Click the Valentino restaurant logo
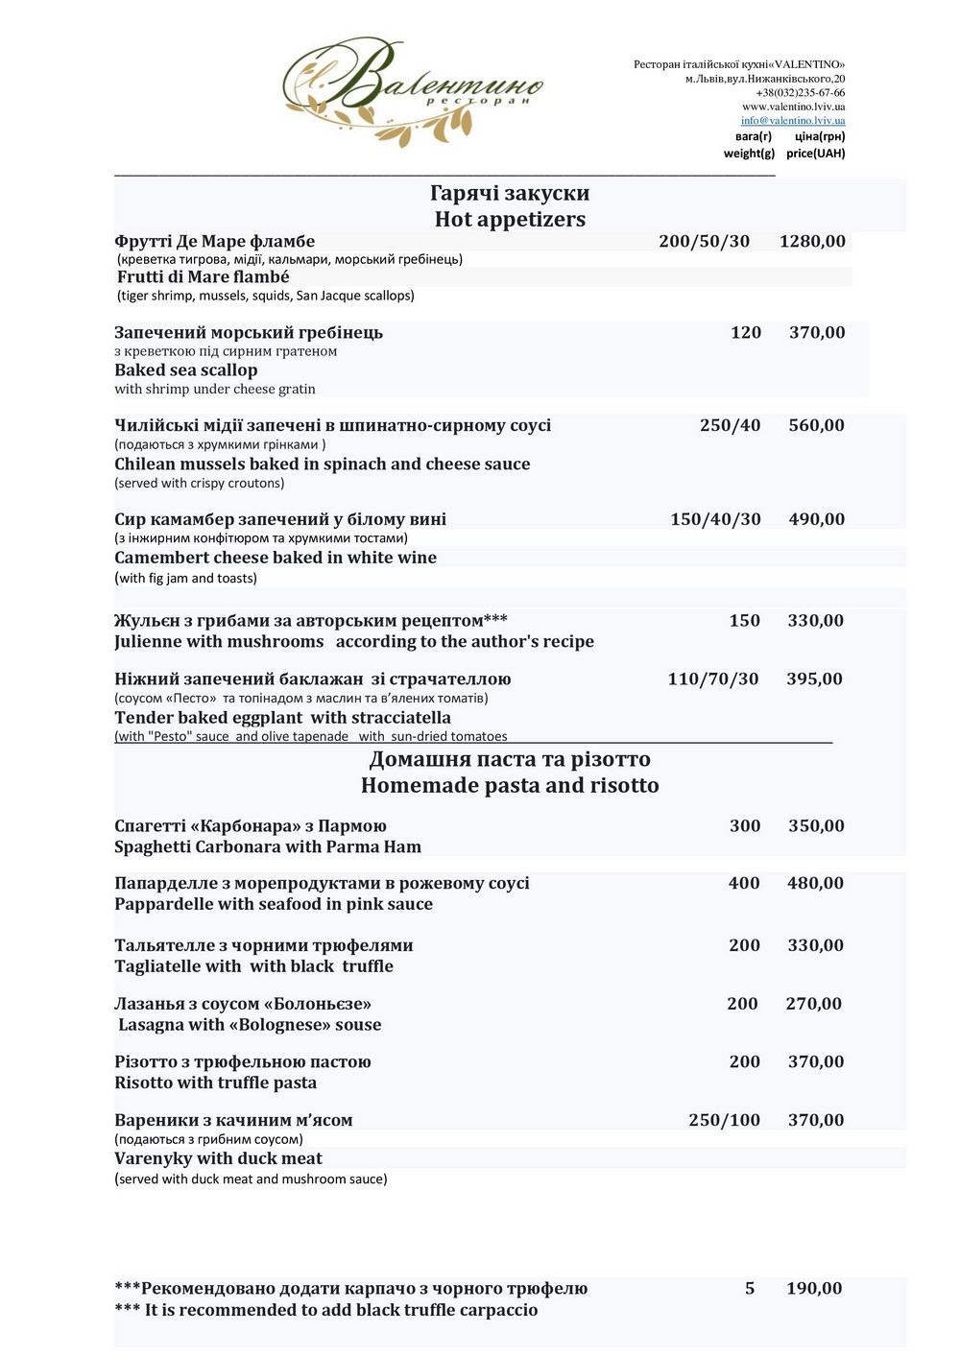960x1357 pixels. pos(413,91)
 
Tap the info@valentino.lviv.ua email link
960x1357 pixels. pos(792,121)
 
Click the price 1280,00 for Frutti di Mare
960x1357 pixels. pos(812,242)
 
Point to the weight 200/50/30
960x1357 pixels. pos(704,242)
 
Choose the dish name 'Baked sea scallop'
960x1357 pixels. pos(186,370)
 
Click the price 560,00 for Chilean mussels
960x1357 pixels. pos(816,426)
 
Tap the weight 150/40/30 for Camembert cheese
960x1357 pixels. pos(715,519)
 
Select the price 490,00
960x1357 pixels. pos(816,519)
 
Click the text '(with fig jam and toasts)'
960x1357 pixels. pos(185,579)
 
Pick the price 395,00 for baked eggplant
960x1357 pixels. pos(814,679)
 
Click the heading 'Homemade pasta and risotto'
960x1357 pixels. pos(510,786)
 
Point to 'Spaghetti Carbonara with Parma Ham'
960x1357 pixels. pos(268,847)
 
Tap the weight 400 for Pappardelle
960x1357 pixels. pos(744,884)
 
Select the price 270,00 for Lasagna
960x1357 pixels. pos(813,1004)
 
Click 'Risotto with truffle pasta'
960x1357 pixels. pos(215,1083)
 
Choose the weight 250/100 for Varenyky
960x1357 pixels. pos(724,1120)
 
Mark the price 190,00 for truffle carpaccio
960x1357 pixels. pos(814,1289)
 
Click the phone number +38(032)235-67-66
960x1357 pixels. pos(800,93)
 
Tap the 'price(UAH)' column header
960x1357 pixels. pos(815,154)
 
